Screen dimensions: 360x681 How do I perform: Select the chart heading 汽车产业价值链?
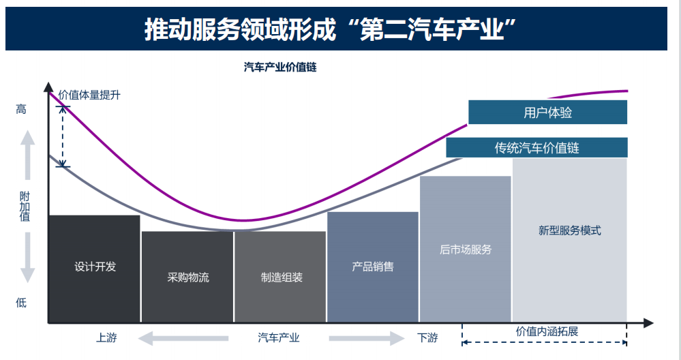[280, 67]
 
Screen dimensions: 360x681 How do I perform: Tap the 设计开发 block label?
[95, 267]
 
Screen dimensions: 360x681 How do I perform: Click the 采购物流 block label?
[188, 277]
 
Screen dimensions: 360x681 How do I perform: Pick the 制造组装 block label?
[281, 277]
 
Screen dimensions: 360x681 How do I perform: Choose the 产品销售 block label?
[373, 267]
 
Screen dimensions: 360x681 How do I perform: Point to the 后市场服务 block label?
[466, 250]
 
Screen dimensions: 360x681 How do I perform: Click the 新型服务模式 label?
[570, 230]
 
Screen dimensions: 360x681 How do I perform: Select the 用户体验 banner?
[547, 112]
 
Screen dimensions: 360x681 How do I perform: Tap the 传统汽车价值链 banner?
[536, 147]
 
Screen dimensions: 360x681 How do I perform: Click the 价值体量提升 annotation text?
[89, 95]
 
